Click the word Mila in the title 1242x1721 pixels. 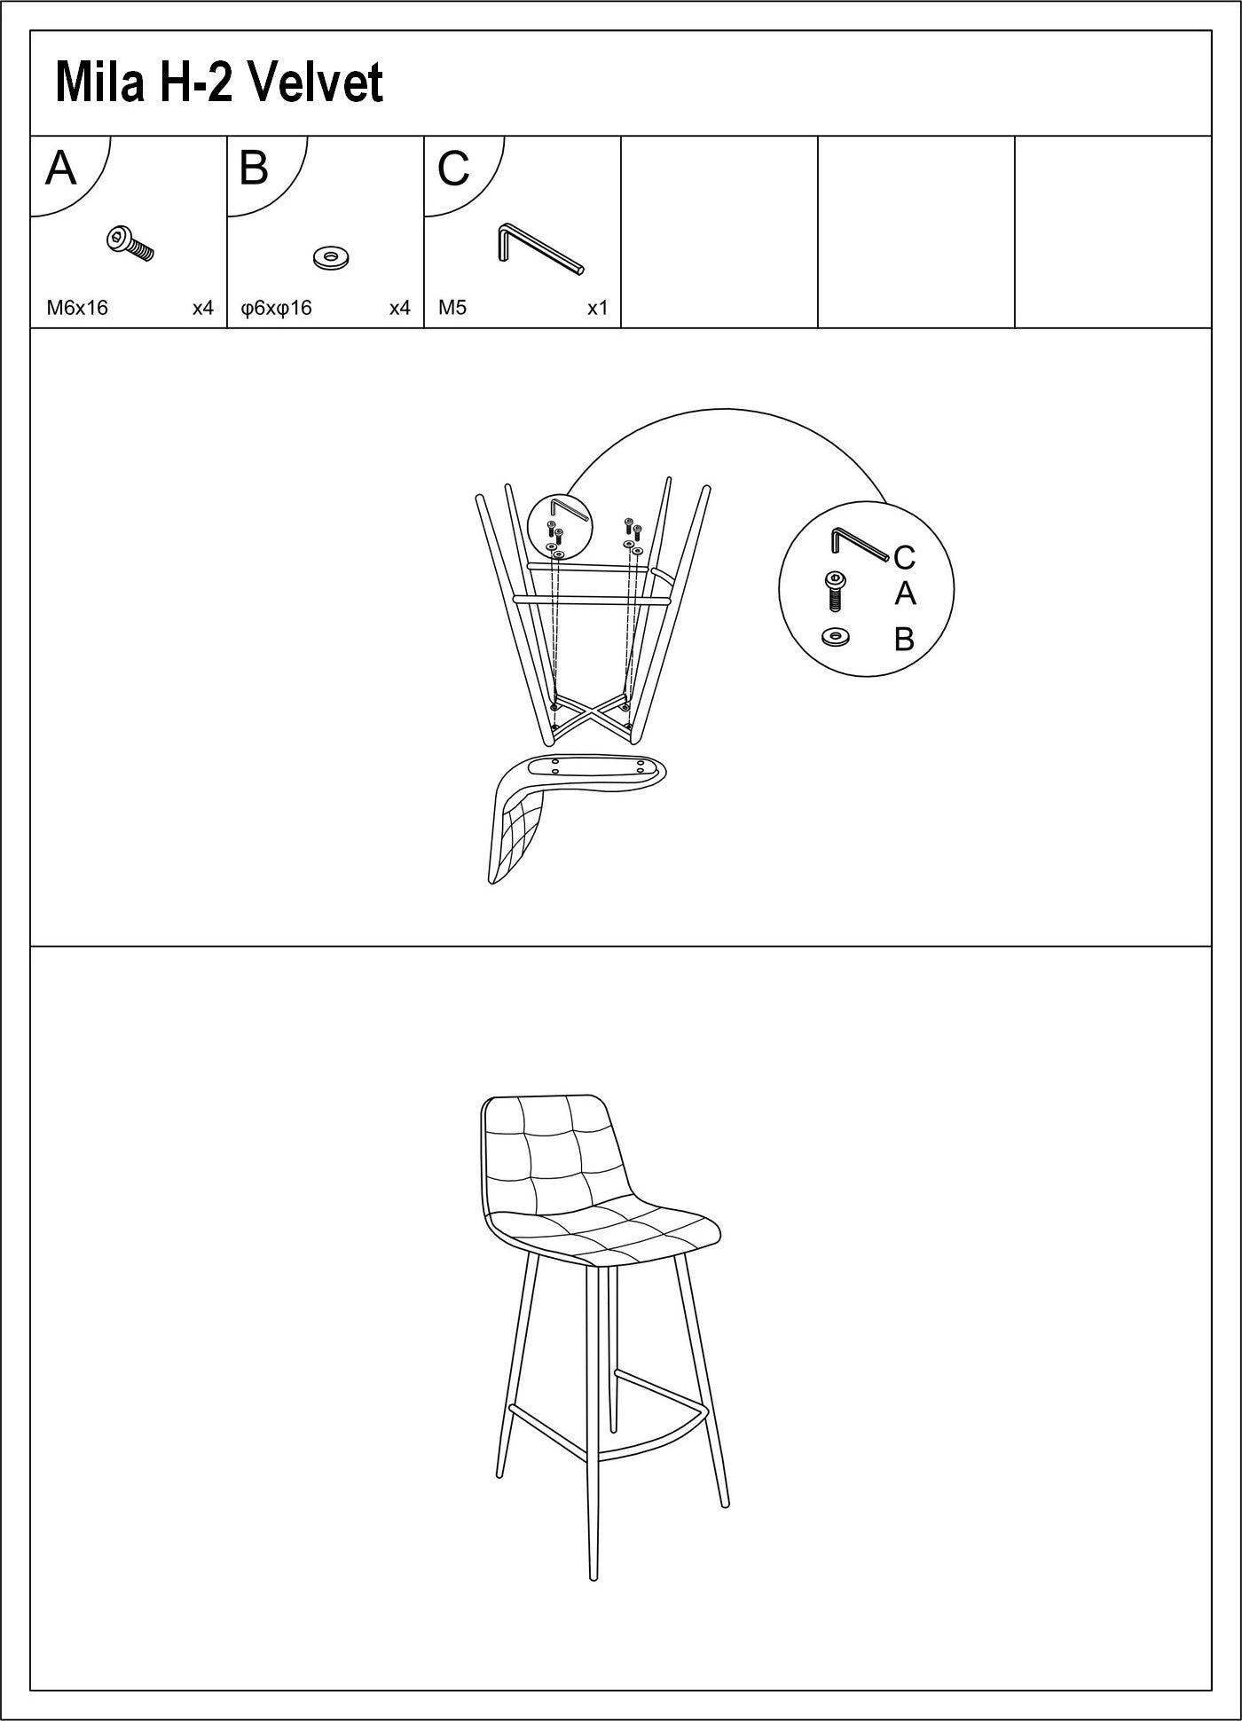[x=98, y=83]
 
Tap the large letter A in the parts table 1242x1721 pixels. [x=60, y=168]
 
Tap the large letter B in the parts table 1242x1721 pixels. [x=255, y=168]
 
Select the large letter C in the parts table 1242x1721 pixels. [x=452, y=169]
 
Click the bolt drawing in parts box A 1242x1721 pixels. [x=130, y=243]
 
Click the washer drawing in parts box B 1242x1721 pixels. [x=331, y=258]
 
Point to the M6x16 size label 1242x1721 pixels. [x=77, y=308]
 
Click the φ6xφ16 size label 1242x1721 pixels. [x=277, y=308]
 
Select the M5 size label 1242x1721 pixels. [x=452, y=308]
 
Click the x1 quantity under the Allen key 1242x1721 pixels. [x=597, y=308]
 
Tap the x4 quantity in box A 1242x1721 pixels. [x=203, y=308]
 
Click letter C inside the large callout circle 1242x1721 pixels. [x=904, y=557]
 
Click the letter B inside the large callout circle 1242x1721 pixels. [x=904, y=639]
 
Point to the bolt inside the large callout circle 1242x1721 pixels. [x=835, y=591]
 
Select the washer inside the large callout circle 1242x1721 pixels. [x=835, y=636]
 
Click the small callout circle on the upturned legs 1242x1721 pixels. [x=559, y=525]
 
